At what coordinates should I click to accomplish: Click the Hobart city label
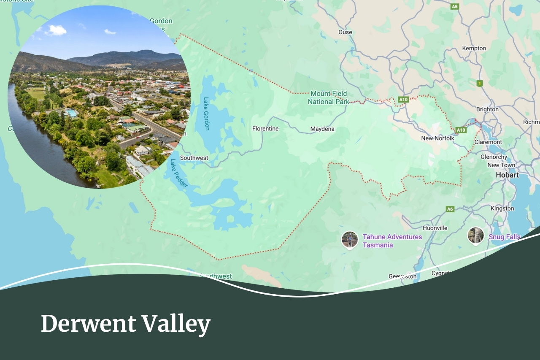coord(507,175)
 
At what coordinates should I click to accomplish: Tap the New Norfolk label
coord(437,138)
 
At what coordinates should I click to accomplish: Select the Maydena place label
coord(322,129)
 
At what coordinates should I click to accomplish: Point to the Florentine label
coord(265,129)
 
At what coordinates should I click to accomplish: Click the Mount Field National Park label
coord(328,97)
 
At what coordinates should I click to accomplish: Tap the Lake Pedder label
coord(179,173)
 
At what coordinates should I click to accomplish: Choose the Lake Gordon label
coord(206,114)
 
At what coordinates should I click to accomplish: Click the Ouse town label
coord(345,32)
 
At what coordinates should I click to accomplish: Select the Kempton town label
coord(474,49)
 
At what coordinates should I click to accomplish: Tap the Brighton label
coord(487,109)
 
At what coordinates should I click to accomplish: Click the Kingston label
coord(502,208)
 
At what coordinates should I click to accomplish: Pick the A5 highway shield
coord(454,7)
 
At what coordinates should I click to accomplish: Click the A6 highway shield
coord(450,209)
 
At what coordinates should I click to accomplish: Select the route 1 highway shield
coord(479,84)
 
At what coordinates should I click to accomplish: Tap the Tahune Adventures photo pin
coord(349,240)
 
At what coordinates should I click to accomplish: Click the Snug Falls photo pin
coord(475,235)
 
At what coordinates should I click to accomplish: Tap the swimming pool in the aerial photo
coord(71,113)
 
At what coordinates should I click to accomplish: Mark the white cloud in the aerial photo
coord(57,30)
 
